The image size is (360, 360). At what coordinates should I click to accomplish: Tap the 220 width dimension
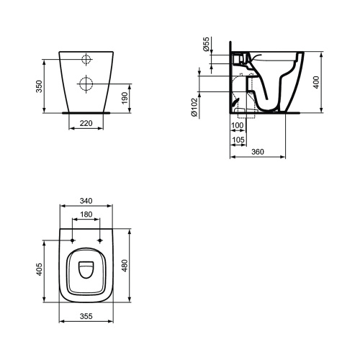click(x=86, y=124)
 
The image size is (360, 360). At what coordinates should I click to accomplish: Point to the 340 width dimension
click(x=86, y=201)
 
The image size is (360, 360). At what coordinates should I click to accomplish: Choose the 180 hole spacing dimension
click(x=86, y=214)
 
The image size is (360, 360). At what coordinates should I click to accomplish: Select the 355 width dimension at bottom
click(x=86, y=315)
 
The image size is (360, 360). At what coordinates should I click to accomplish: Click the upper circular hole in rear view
click(x=86, y=60)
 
